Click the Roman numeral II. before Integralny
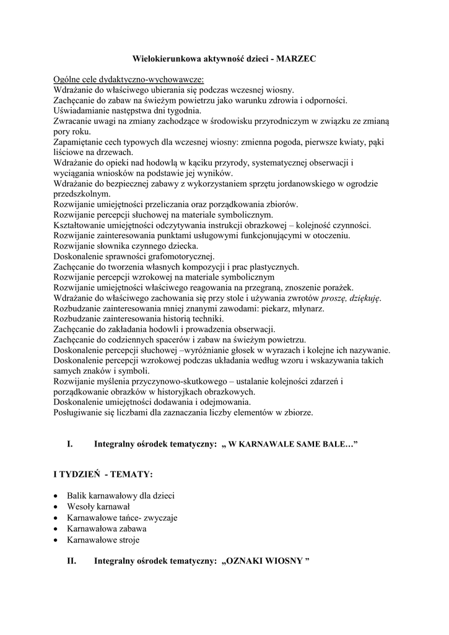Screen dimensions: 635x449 pos(71,561)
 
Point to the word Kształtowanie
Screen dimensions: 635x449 pos(81,224)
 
